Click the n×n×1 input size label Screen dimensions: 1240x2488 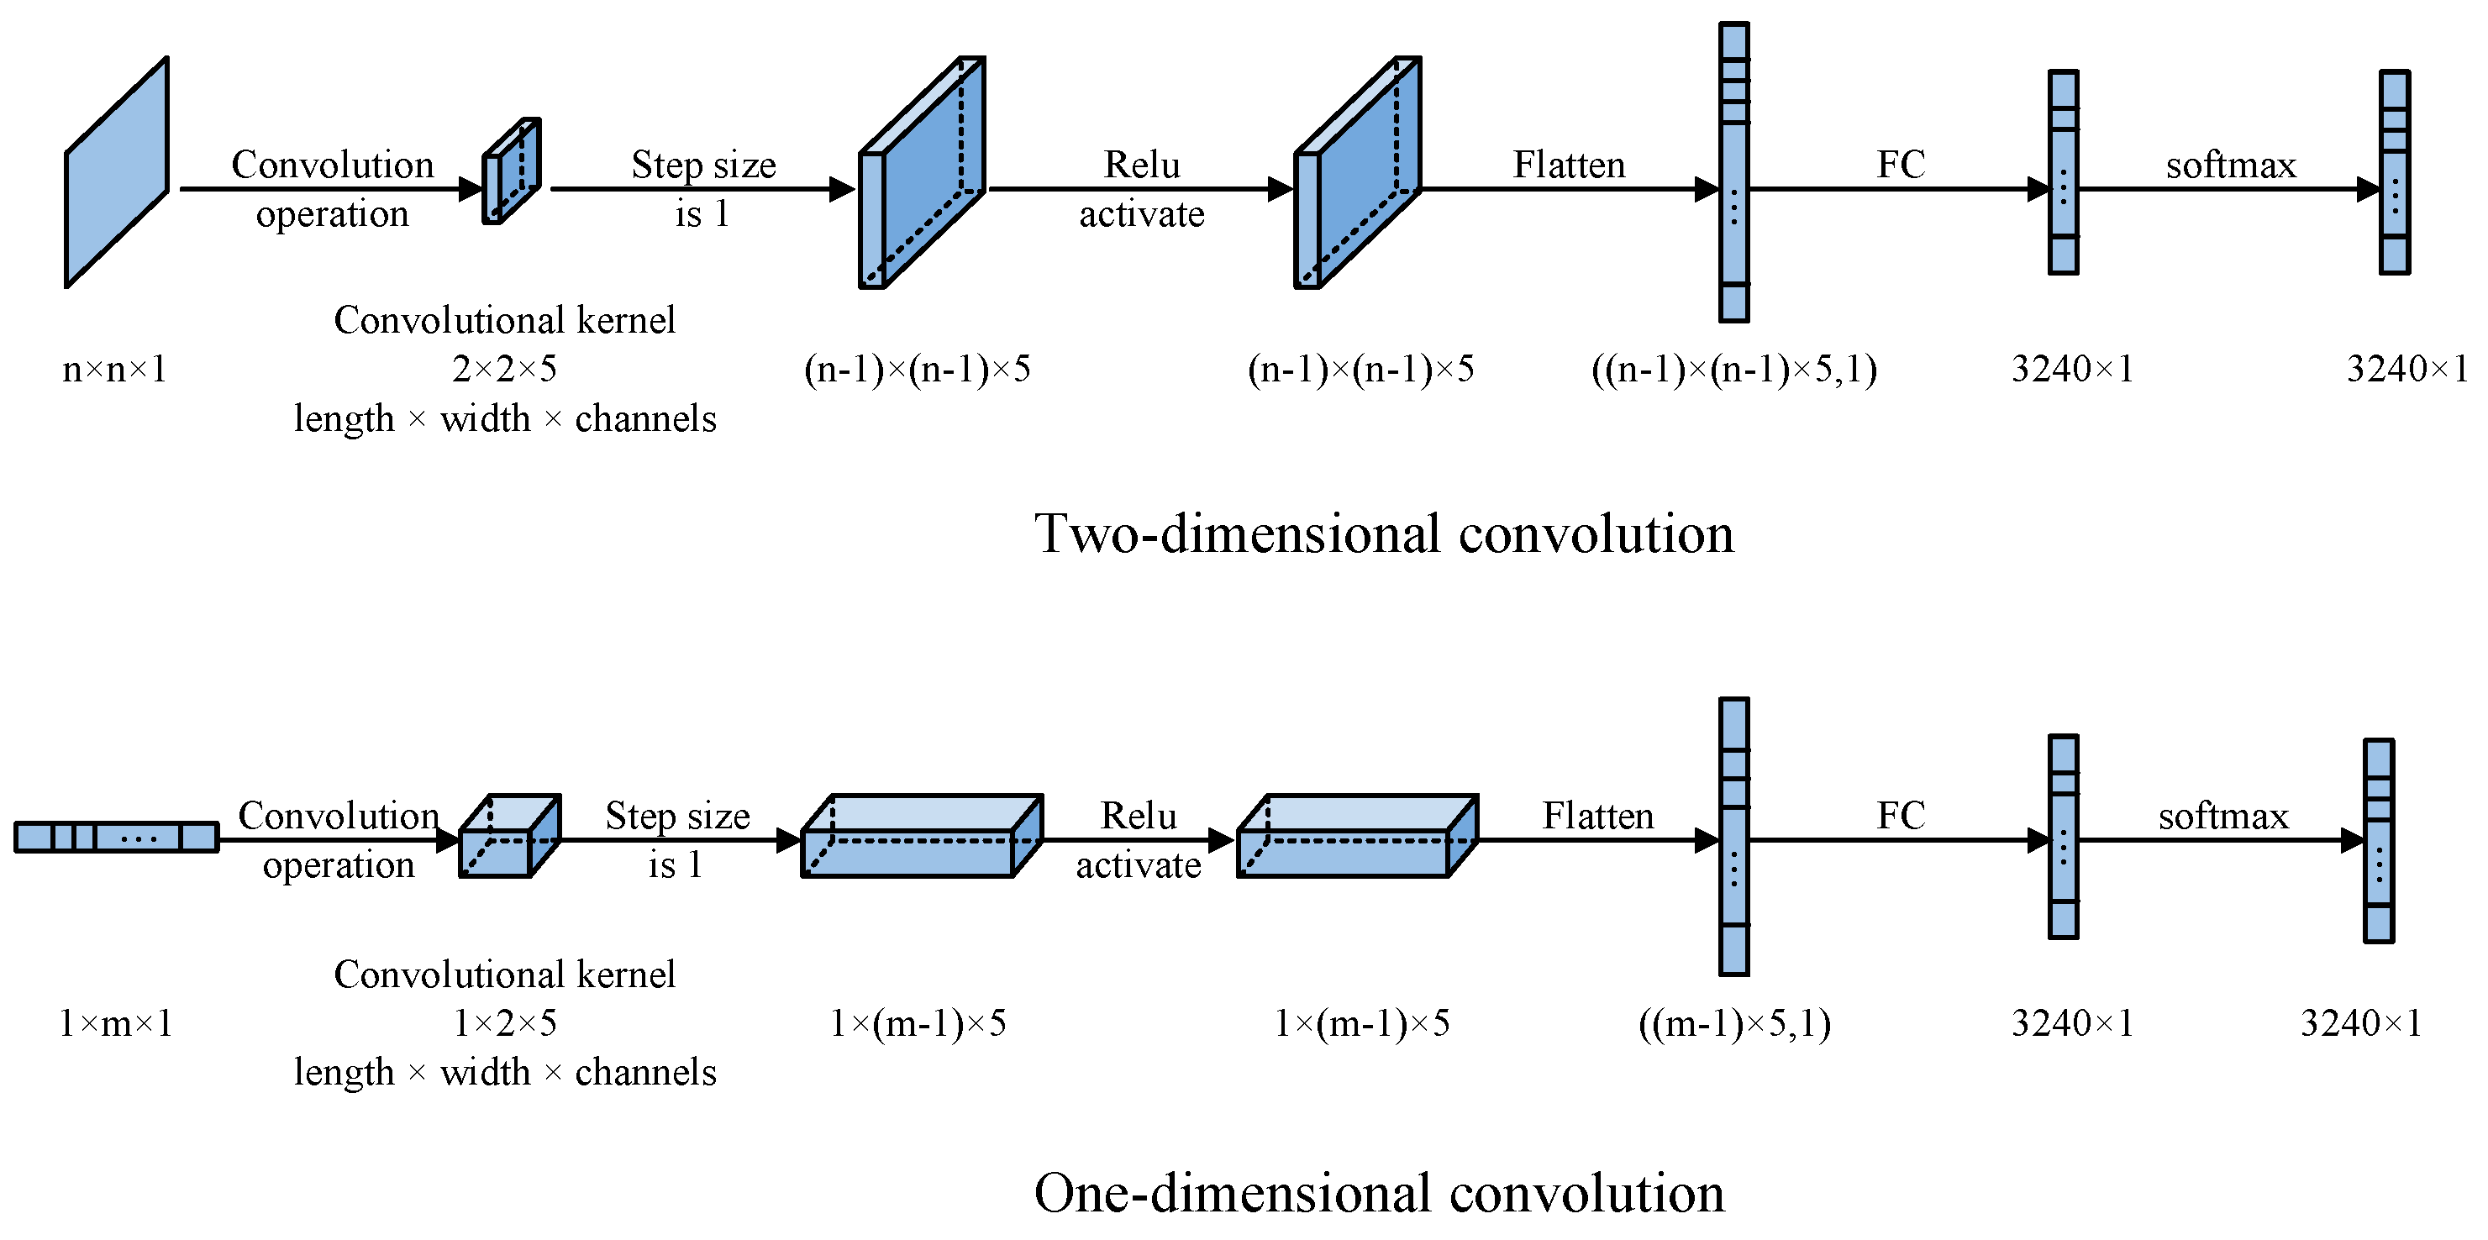[x=114, y=369]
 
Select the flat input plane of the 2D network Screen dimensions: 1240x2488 [x=117, y=172]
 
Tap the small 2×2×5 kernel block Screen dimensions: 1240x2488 [x=511, y=172]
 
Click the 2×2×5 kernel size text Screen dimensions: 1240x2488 [x=504, y=369]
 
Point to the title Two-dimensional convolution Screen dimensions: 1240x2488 [x=1383, y=534]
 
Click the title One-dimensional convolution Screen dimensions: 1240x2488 [x=1379, y=1194]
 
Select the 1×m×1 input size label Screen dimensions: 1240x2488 [x=116, y=1022]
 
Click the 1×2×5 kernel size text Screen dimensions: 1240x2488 [x=504, y=1022]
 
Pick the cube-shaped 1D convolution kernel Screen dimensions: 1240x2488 [x=509, y=836]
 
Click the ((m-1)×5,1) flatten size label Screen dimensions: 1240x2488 [x=1733, y=1022]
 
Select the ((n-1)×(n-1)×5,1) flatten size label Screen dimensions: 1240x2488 [x=1733, y=369]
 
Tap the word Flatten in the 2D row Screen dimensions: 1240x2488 [x=1569, y=166]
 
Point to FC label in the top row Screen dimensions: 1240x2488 [x=1900, y=166]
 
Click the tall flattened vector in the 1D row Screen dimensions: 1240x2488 [x=1733, y=836]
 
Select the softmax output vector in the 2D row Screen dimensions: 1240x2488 [x=2395, y=172]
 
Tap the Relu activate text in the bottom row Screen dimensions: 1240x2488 [x=1139, y=840]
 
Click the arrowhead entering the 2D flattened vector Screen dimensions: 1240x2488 [x=1707, y=189]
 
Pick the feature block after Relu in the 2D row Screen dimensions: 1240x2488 [x=1357, y=172]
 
